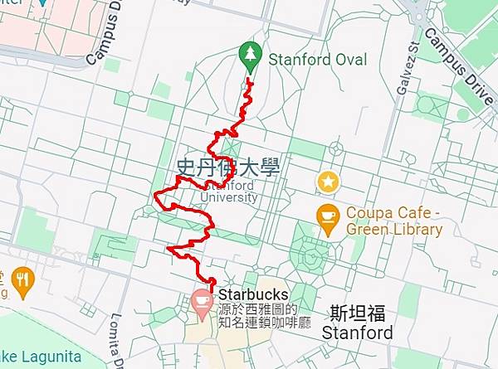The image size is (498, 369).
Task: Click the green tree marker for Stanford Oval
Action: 249,55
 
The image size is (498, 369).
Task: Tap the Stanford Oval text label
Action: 317,60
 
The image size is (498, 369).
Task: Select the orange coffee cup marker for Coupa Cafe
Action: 328,217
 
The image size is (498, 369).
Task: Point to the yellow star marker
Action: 329,182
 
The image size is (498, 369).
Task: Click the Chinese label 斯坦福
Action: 357,314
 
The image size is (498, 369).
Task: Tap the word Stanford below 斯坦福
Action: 357,333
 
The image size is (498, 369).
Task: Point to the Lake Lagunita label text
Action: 41,357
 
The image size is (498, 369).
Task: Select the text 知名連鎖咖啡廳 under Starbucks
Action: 264,323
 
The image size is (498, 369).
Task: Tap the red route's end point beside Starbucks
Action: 212,284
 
